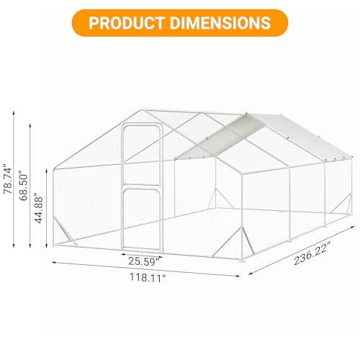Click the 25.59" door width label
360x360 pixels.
click(x=140, y=260)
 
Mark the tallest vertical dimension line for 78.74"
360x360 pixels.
click(x=15, y=179)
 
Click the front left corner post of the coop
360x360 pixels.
click(x=54, y=209)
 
